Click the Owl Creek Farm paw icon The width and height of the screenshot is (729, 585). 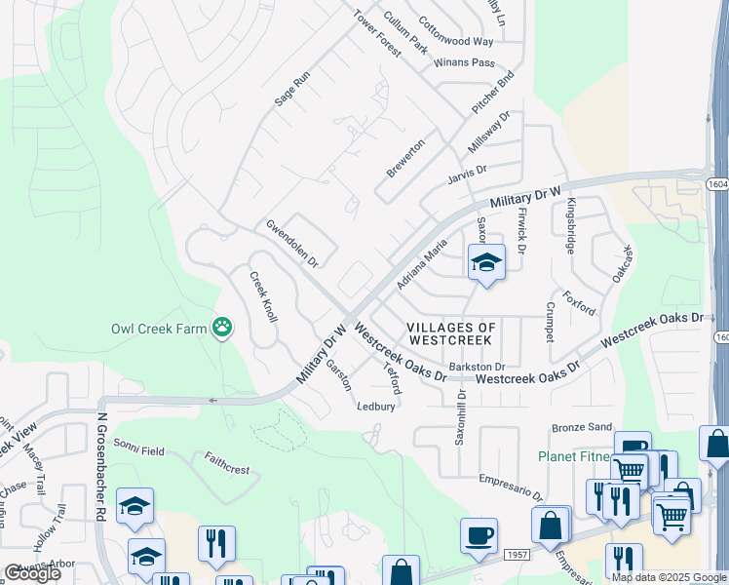(223, 328)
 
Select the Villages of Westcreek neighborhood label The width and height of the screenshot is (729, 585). (451, 334)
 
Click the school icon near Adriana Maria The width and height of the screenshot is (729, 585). (485, 262)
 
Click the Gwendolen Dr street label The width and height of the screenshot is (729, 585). (292, 243)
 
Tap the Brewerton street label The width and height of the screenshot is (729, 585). (405, 157)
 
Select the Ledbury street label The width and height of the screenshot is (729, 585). (376, 407)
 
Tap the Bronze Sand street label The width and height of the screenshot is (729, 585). (582, 427)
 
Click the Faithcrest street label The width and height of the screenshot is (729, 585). (226, 463)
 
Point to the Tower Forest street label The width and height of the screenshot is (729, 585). (377, 33)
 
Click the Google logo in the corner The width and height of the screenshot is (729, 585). (31, 573)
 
